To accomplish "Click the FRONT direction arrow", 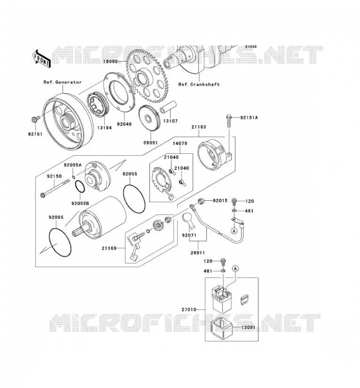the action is tap(42, 59).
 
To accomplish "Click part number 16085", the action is tap(110, 61).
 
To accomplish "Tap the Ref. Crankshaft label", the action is tap(199, 84).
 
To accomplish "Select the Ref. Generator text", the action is tap(63, 82).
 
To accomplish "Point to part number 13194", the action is tap(104, 128).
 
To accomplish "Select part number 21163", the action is tap(198, 127).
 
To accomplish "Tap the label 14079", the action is tap(180, 144).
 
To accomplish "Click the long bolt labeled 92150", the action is tap(55, 189).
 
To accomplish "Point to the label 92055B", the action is tap(80, 203).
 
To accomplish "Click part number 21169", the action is tap(109, 248).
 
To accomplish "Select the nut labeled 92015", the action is tap(201, 200).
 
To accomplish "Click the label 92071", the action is tap(189, 235).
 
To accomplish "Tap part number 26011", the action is tap(197, 253).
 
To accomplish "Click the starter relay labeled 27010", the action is tap(222, 299).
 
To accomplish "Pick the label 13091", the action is tap(248, 327).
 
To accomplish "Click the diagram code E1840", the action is tap(251, 47).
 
